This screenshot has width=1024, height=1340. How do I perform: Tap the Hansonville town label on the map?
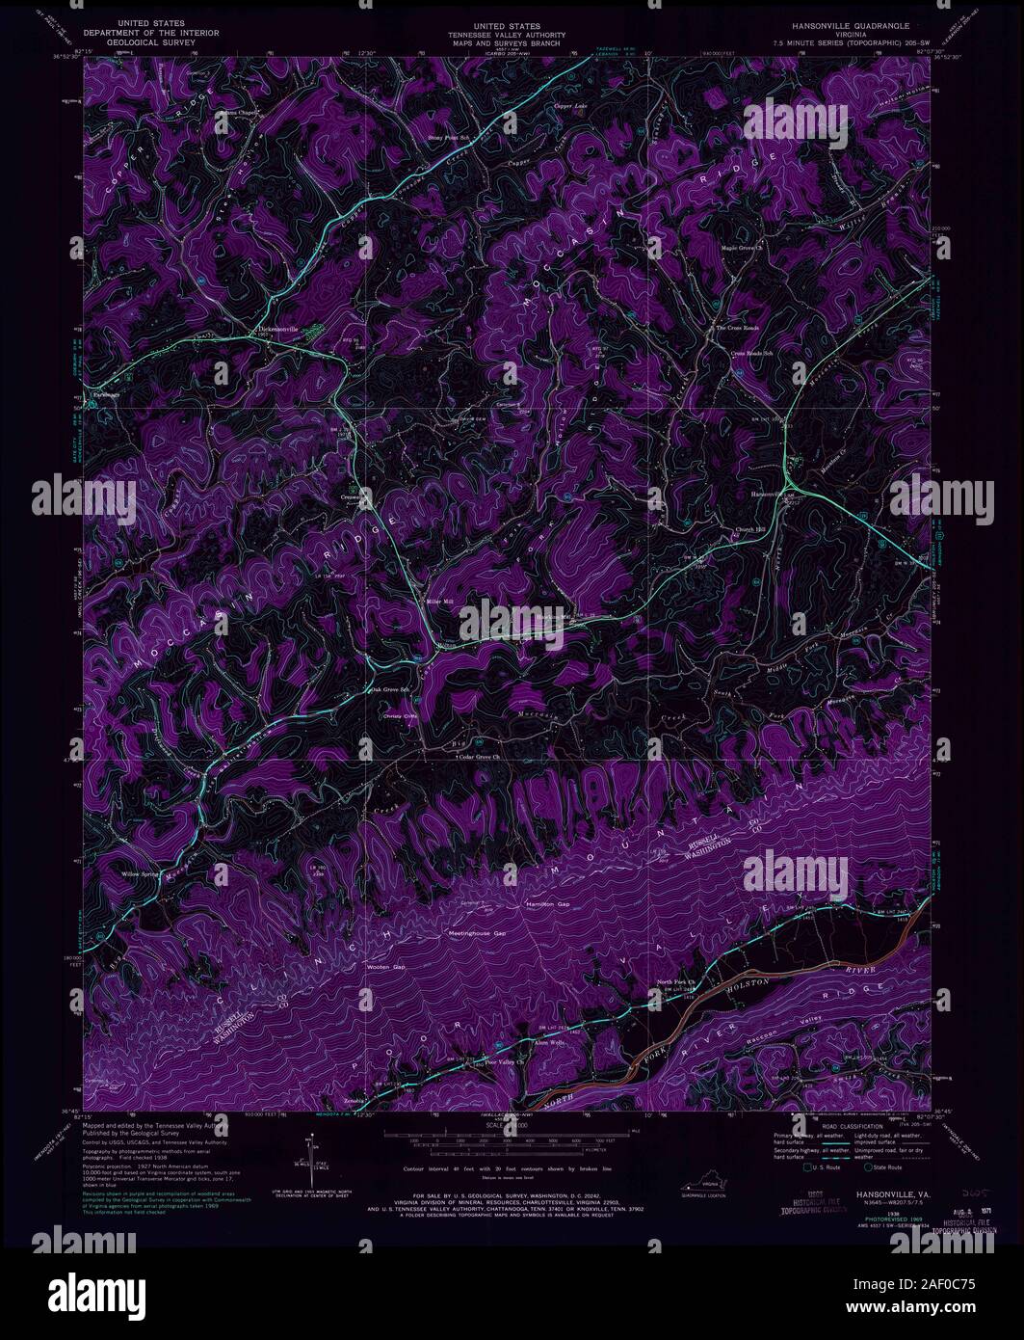(768, 494)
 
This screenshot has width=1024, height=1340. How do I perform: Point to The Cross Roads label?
(737, 328)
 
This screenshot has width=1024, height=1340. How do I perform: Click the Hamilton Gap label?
(547, 904)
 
